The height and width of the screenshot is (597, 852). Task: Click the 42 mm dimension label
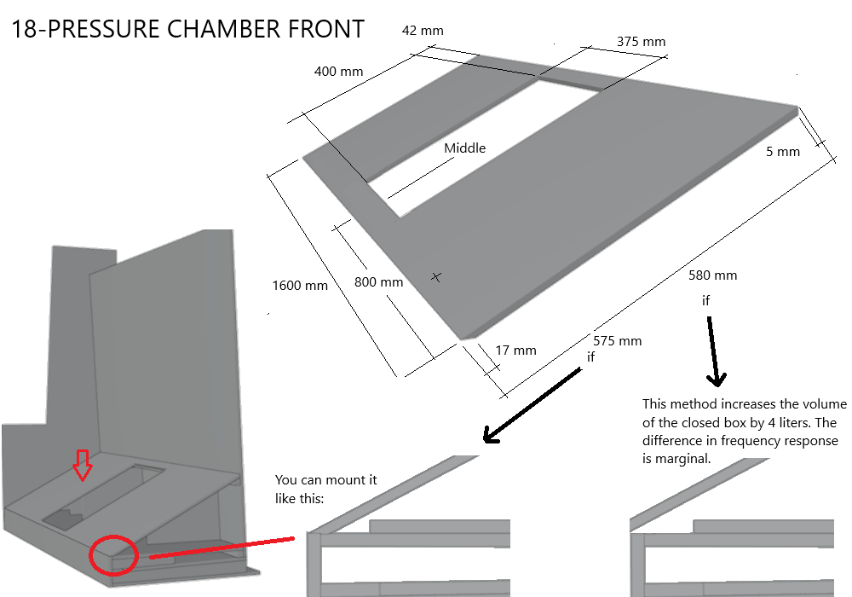pyautogui.click(x=423, y=31)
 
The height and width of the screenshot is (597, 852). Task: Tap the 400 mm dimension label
pyautogui.click(x=338, y=72)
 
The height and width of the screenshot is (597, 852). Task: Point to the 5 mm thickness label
pyautogui.click(x=783, y=152)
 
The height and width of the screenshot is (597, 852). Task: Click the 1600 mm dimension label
pyautogui.click(x=300, y=286)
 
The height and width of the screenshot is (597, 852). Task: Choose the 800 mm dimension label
pyautogui.click(x=378, y=282)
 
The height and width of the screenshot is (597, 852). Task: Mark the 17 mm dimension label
pyautogui.click(x=515, y=350)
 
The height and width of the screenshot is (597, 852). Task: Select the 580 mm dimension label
pyautogui.click(x=713, y=275)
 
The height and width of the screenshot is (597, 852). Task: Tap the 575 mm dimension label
pyautogui.click(x=618, y=341)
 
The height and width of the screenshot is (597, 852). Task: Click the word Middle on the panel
pyautogui.click(x=464, y=148)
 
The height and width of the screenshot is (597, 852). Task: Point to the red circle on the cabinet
pyautogui.click(x=112, y=554)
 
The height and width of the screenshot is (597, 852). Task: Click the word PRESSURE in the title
pyautogui.click(x=105, y=29)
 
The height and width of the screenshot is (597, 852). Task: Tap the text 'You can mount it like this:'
pyautogui.click(x=325, y=489)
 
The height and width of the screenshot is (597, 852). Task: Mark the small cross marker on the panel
pyautogui.click(x=436, y=276)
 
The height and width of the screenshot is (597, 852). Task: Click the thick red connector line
pyautogui.click(x=222, y=548)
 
